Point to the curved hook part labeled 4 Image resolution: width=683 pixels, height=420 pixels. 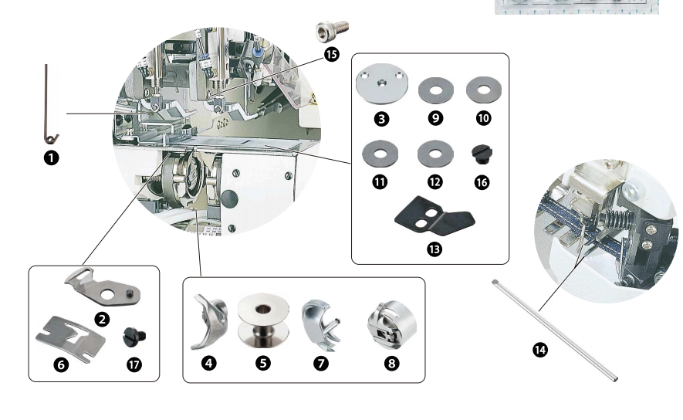(x=206, y=321)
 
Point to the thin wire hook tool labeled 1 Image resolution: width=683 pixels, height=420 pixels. (x=49, y=104)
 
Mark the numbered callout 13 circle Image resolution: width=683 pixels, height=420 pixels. (x=434, y=251)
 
